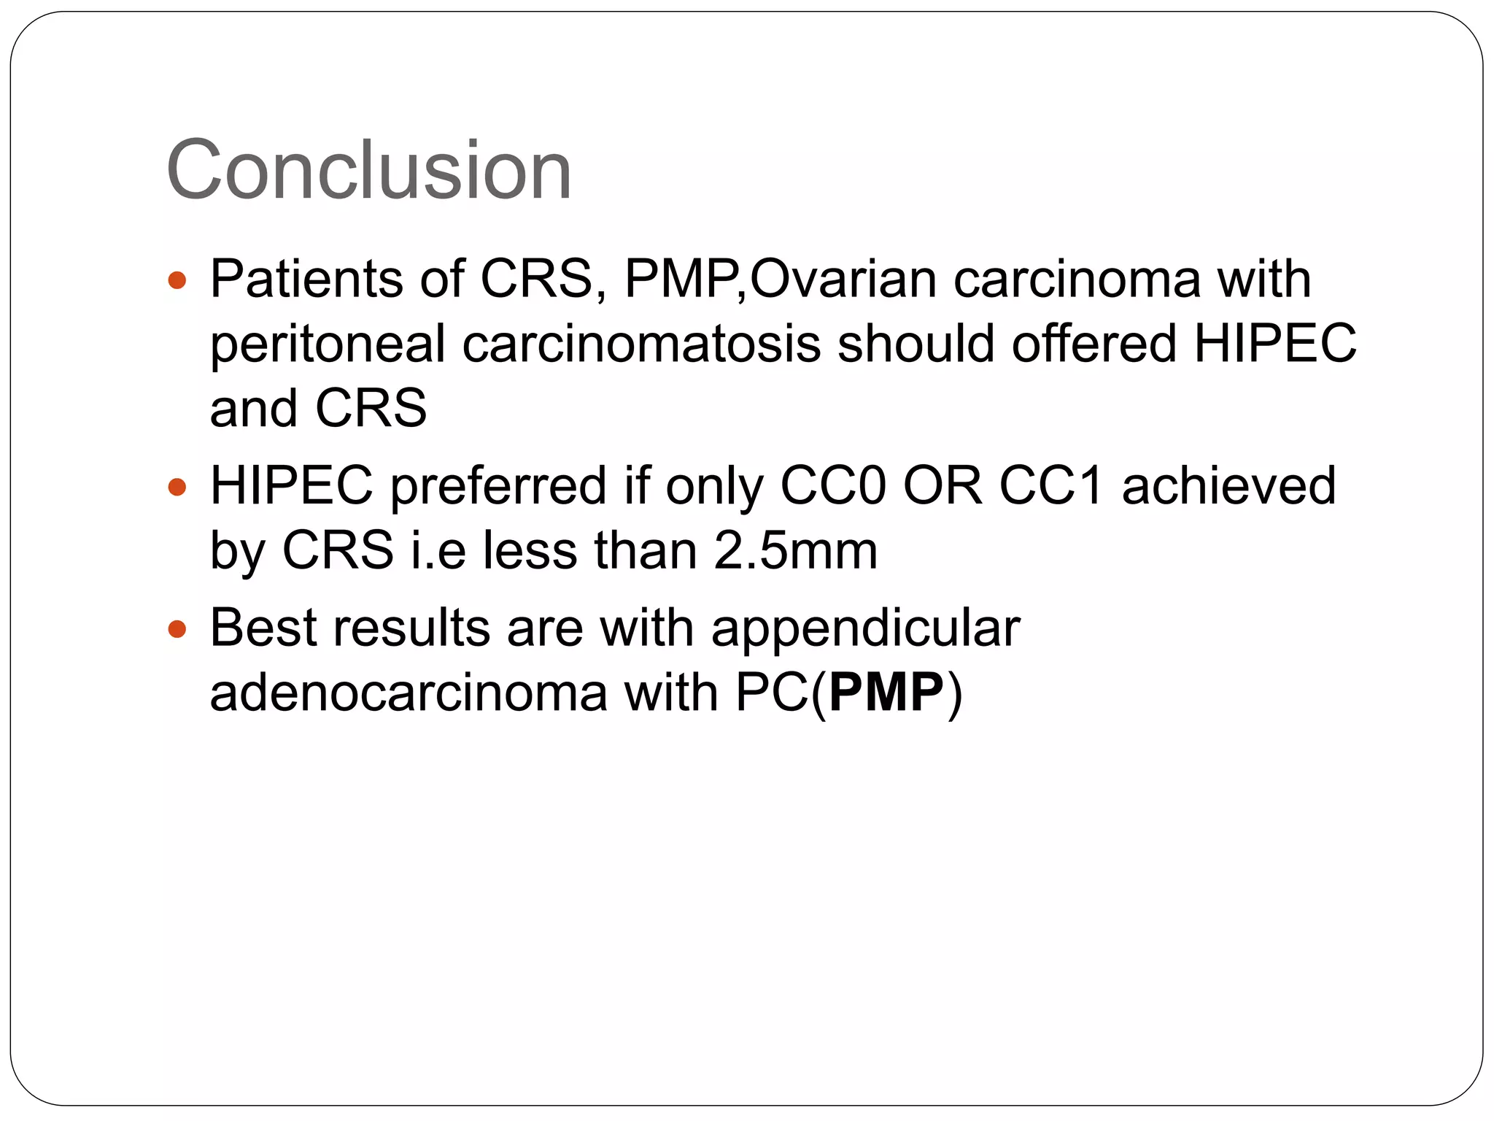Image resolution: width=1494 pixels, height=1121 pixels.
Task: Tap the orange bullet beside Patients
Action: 177,280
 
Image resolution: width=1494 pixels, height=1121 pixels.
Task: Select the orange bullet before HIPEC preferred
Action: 177,486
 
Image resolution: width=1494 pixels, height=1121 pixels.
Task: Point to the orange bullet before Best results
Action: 177,628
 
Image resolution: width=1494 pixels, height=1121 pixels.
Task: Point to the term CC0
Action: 833,485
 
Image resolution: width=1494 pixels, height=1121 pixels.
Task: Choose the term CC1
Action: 1051,485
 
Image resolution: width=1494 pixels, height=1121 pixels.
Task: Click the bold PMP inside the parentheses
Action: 886,693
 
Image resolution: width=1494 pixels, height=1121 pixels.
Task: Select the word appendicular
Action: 865,629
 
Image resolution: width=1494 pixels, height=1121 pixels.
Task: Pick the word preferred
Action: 498,487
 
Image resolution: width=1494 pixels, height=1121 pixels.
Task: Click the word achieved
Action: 1229,485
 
